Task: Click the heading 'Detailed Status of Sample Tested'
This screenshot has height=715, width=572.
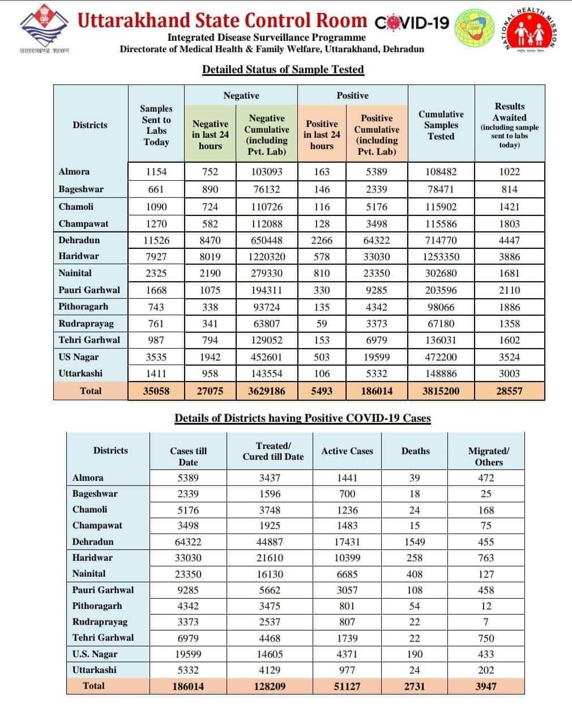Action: point(283,70)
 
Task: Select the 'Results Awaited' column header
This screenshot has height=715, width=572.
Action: point(509,125)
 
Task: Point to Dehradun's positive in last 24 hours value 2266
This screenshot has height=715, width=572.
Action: point(322,240)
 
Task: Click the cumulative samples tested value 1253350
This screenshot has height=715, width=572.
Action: point(441,257)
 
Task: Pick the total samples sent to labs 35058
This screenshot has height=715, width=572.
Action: point(156,391)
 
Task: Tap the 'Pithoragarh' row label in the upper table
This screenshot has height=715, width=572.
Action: point(83,307)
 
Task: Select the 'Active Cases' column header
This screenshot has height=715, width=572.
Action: point(347,451)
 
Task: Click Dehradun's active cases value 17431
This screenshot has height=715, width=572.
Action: point(347,542)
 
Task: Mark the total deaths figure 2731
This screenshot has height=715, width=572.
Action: point(415,686)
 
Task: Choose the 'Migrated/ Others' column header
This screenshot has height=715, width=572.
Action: point(488,456)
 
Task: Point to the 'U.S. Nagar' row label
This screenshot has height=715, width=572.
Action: point(95,654)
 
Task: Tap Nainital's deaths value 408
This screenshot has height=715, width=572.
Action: point(415,574)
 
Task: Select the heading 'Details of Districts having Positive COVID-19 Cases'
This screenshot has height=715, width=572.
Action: point(302,418)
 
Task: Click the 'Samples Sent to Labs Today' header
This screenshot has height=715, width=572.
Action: point(156,125)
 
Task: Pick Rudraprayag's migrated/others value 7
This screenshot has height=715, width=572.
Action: point(486,622)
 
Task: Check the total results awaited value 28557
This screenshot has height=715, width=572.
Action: point(509,391)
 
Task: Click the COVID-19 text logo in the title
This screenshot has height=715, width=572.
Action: point(412,23)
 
